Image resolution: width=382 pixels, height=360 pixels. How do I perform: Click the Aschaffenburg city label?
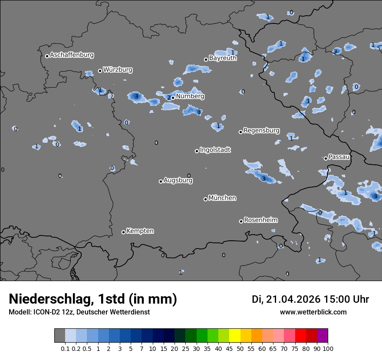coord(72,55)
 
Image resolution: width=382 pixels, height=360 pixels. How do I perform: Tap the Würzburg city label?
coord(118,70)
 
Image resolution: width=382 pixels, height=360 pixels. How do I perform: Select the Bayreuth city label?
coord(223,58)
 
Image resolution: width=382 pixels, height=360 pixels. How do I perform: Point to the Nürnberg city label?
coord(190,96)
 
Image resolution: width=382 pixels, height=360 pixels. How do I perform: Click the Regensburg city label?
coord(261,131)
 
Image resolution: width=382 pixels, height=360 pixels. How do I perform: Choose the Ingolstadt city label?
coord(215,150)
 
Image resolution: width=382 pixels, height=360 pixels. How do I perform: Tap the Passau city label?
coord(339,157)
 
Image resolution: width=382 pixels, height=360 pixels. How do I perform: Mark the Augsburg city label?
coord(178,180)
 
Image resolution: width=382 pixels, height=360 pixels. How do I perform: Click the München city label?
coord(222,198)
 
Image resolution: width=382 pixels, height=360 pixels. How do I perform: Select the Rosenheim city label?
coord(260,220)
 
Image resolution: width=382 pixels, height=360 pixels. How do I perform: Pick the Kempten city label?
coord(140,231)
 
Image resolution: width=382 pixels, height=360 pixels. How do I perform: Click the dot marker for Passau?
coord(326,158)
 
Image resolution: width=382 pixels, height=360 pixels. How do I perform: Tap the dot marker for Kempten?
coord(123,232)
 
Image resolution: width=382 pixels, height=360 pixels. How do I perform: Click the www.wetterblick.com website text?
coord(313,312)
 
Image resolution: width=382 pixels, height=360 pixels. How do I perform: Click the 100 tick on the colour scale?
coord(328,348)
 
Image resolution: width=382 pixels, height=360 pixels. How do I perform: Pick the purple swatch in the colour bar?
coord(322,336)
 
